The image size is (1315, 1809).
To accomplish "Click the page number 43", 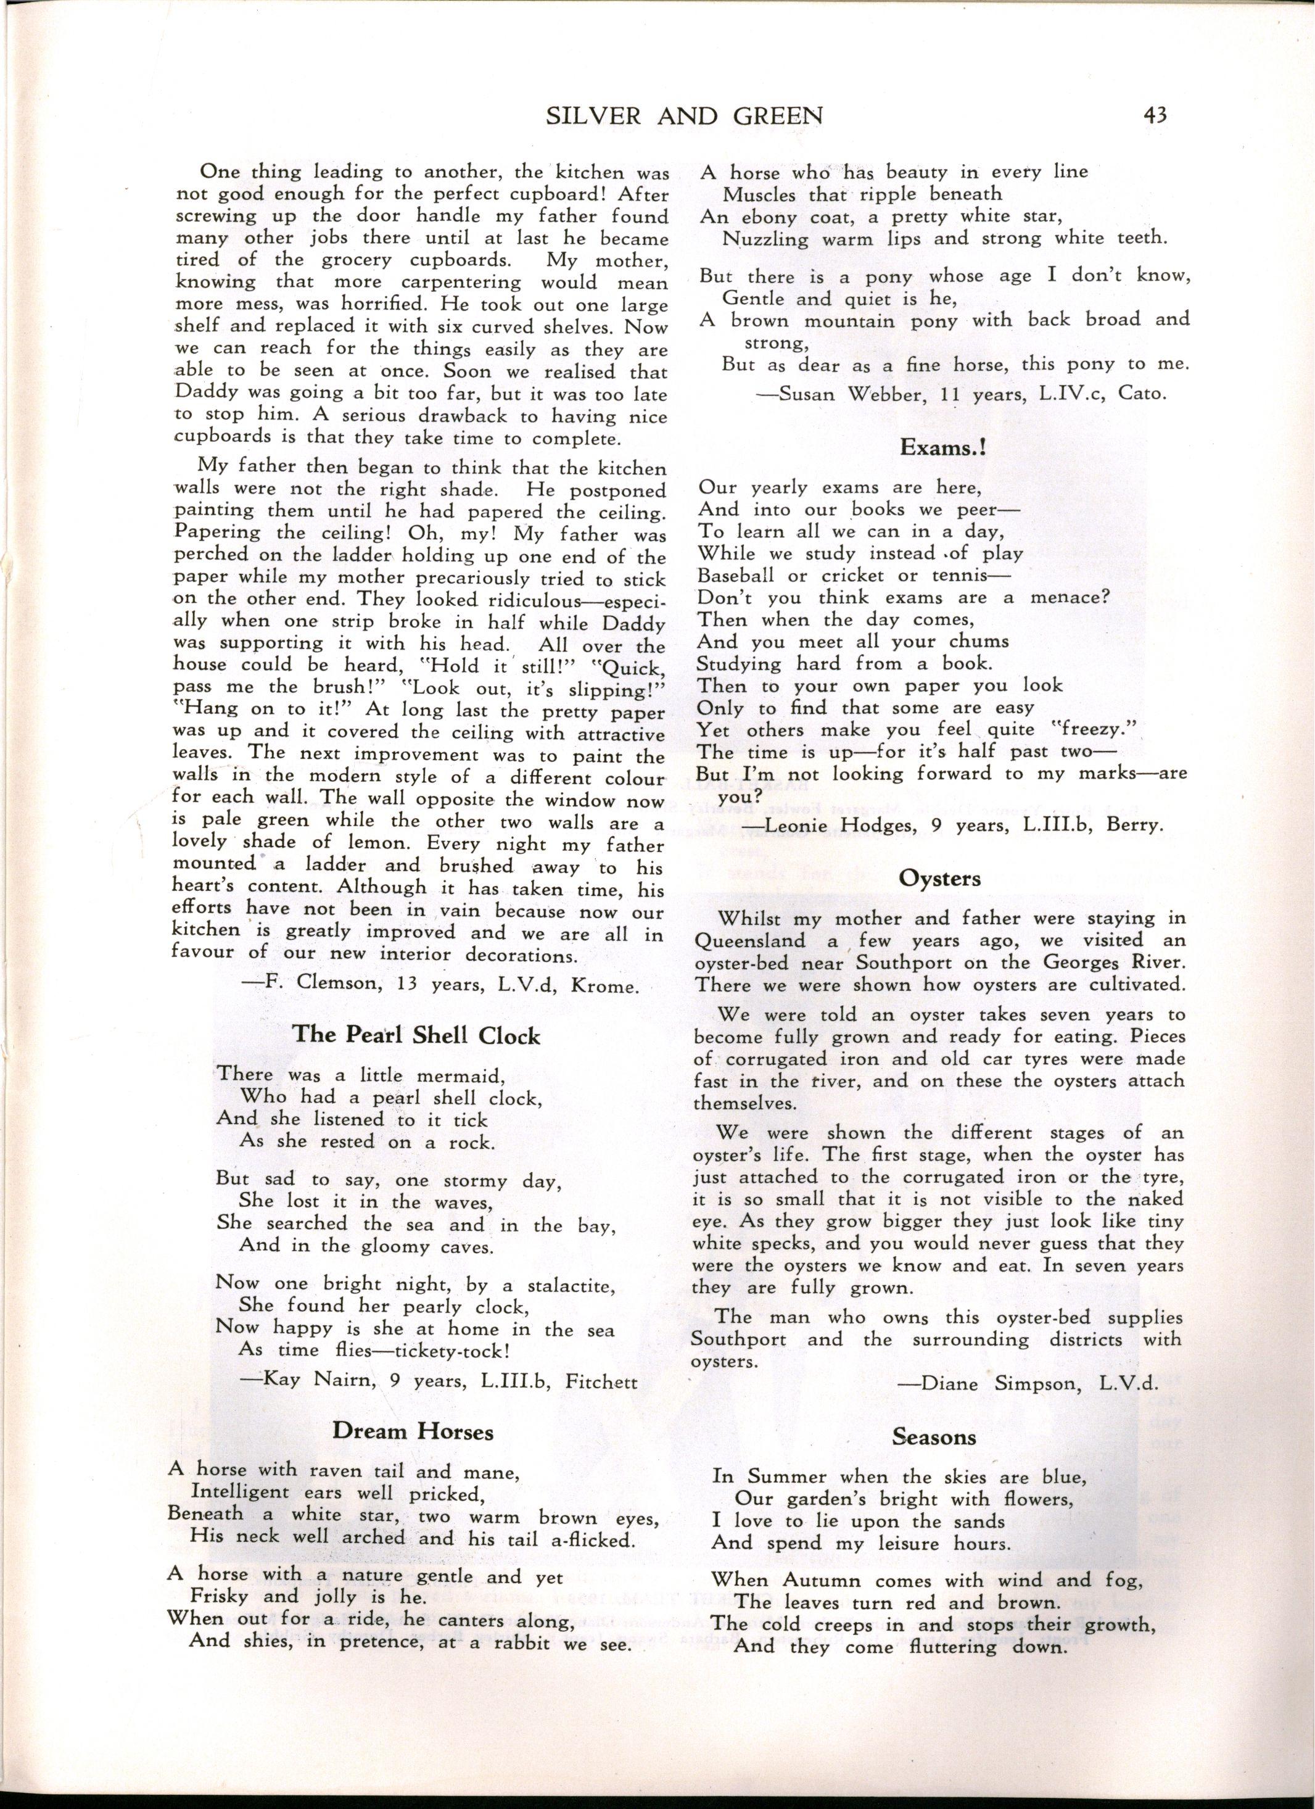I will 1149,115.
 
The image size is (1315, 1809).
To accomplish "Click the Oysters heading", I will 939,877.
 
